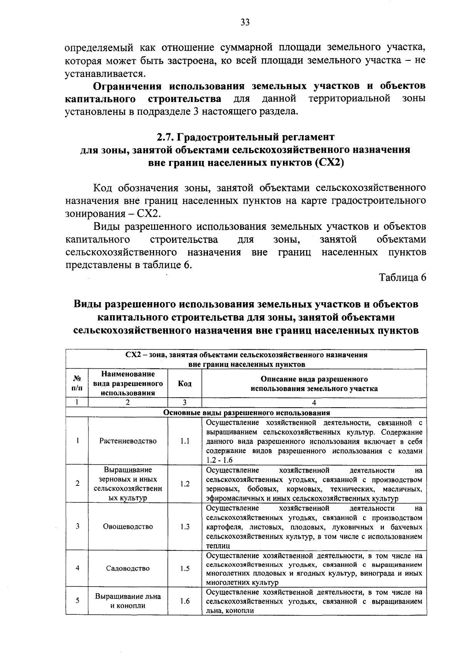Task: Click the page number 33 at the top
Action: [x=245, y=22]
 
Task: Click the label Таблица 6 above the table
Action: [x=403, y=278]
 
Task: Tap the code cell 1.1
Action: [x=185, y=441]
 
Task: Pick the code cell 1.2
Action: [x=185, y=484]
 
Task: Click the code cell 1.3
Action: [x=185, y=527]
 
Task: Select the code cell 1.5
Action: [x=185, y=569]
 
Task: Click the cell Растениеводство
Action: [x=128, y=441]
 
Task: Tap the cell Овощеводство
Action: [x=128, y=527]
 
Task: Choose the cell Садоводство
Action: [x=128, y=569]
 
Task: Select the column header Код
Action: [x=185, y=383]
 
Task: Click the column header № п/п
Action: [x=77, y=383]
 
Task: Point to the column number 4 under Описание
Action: [x=314, y=403]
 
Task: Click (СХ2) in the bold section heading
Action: [x=329, y=162]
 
